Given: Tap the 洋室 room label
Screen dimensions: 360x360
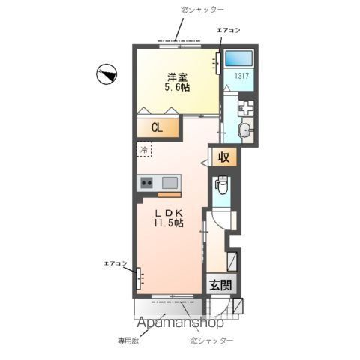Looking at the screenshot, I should tap(177, 76).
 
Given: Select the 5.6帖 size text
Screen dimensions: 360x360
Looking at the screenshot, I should tap(177, 88).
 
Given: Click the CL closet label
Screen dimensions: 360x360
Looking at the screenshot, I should tap(157, 127).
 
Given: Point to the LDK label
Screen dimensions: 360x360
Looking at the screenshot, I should tap(169, 212).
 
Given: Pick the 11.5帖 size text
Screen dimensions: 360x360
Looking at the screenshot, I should tap(170, 223).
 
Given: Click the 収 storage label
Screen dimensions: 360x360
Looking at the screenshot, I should tap(223, 157).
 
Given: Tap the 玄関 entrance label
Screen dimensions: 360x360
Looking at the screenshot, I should tap(220, 286).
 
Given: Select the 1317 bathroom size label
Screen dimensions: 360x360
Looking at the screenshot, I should tap(239, 76).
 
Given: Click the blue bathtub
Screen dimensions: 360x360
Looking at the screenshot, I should tap(239, 58).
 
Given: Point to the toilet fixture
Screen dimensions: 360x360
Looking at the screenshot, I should tap(223, 188).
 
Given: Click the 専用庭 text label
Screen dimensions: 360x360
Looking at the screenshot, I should tap(128, 341).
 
